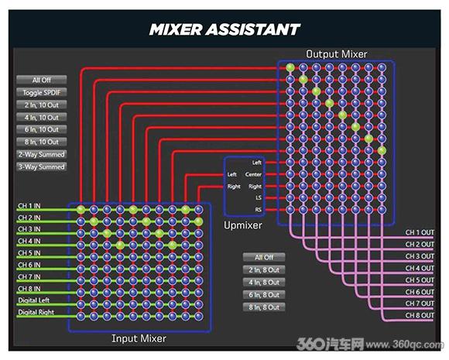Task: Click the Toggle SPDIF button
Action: pos(42,92)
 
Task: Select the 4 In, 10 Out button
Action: pos(42,118)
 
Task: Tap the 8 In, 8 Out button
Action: pos(264,307)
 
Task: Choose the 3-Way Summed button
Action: pos(42,166)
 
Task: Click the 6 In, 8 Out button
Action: pos(264,295)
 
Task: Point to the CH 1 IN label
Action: pos(29,206)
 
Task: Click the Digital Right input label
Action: pos(36,312)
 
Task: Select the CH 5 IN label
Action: pos(29,253)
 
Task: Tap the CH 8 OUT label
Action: pos(420,315)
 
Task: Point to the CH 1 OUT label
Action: pos(420,232)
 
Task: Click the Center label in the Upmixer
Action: pos(253,174)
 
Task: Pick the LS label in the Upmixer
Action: pos(259,198)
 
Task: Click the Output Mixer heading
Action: pos(337,54)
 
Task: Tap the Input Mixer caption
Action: pos(139,338)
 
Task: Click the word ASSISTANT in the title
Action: pos(252,29)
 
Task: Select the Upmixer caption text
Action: pos(243,225)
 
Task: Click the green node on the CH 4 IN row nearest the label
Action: pos(120,245)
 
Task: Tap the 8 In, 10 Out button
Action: pos(42,142)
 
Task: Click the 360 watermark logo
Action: pos(330,344)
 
